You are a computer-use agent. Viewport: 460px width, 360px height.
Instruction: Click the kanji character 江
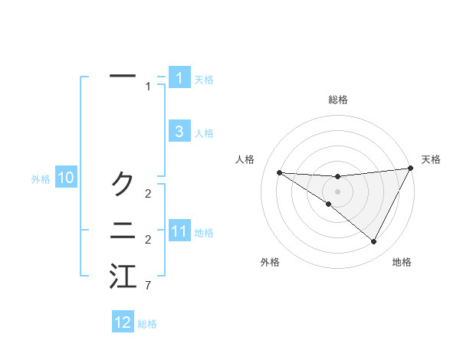123,277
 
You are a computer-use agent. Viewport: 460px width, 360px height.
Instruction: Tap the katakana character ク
123,183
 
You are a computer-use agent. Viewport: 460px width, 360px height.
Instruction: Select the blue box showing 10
65,178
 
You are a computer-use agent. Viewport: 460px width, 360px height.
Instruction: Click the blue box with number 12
123,322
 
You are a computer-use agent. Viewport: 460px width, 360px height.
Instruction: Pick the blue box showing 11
179,231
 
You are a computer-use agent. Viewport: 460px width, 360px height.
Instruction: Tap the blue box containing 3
179,132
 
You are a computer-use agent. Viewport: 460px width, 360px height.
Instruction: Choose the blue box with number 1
179,78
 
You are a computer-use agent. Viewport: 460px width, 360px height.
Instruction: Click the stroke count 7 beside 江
147,286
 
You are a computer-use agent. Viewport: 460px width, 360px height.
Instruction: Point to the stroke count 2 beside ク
147,193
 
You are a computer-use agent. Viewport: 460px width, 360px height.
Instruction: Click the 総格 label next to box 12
147,323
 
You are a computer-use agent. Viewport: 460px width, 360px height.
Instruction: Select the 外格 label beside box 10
41,179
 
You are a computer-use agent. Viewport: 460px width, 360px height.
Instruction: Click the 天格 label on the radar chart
431,159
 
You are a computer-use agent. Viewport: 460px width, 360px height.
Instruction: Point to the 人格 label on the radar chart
245,159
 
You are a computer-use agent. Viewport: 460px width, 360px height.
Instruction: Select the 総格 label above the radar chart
337,100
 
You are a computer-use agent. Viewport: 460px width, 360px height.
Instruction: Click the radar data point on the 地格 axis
373,242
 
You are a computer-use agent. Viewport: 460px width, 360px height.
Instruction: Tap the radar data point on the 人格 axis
279,172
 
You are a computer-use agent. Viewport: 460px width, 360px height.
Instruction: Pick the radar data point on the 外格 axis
328,205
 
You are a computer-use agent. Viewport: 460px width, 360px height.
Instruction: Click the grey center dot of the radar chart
337,191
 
